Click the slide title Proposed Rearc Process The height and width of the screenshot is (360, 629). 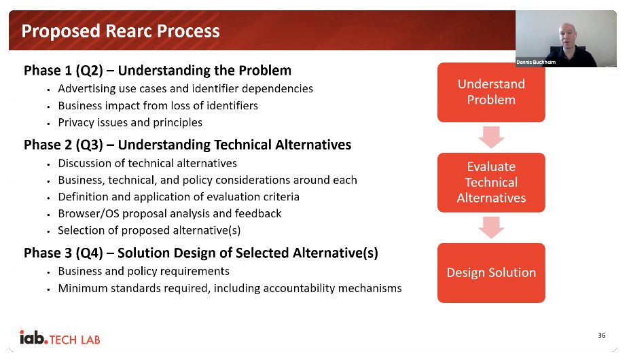click(x=120, y=31)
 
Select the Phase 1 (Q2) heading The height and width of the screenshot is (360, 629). click(x=158, y=71)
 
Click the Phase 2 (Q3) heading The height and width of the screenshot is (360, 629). click(x=187, y=145)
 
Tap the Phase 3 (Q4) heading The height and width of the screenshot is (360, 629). click(x=200, y=253)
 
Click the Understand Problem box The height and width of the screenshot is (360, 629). click(x=491, y=92)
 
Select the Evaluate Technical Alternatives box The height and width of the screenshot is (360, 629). click(x=491, y=183)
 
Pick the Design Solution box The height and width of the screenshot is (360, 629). click(x=491, y=273)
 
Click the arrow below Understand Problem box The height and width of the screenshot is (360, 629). click(x=491, y=137)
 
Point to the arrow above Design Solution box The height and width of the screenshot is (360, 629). click(x=491, y=228)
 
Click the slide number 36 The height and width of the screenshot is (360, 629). click(x=601, y=335)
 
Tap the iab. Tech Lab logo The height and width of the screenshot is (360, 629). click(x=60, y=338)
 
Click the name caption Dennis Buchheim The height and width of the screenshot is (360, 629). click(x=536, y=62)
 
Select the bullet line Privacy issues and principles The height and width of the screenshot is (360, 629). click(x=130, y=122)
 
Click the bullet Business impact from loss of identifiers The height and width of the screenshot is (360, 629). click(x=158, y=105)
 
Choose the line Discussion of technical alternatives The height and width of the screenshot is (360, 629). click(x=147, y=163)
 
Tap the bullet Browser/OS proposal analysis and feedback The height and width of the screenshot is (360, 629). click(x=170, y=213)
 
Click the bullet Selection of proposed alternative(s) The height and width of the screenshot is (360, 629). click(x=149, y=230)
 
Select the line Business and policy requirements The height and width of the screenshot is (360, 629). click(x=143, y=271)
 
